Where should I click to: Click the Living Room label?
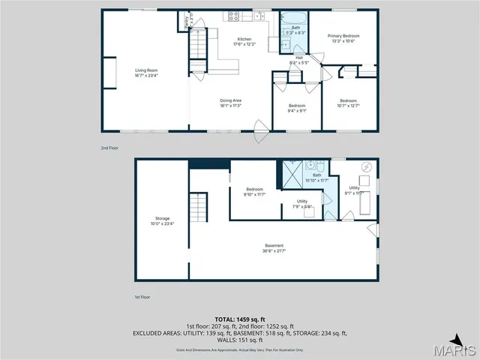click(146, 73)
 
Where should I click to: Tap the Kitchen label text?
click(245, 41)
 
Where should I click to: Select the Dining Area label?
click(230, 103)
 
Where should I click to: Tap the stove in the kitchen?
click(233, 16)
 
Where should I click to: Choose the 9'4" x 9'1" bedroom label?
click(298, 107)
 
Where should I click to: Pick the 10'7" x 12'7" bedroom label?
click(349, 103)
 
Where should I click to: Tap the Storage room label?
click(162, 220)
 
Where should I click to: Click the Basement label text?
click(274, 247)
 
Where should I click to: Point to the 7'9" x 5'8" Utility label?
click(302, 203)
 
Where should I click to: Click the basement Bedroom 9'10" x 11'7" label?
click(255, 191)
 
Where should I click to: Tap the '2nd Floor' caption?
click(110, 148)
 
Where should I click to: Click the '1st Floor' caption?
click(143, 298)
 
